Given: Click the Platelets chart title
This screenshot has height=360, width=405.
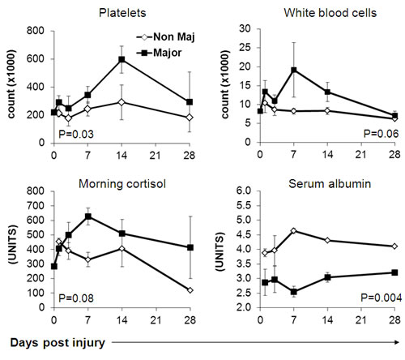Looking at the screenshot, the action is (122, 13).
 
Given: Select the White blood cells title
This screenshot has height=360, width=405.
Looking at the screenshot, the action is (330, 13).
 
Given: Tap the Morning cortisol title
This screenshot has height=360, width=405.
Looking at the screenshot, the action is (122, 184).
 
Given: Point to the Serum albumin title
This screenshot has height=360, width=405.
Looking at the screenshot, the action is (330, 184).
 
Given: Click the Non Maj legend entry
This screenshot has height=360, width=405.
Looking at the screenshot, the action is (165, 37).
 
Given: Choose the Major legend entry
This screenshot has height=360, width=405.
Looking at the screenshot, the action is (159, 53).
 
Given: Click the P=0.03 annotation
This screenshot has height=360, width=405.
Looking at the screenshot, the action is (76, 135).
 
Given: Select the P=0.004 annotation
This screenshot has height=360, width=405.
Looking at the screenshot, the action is (382, 298).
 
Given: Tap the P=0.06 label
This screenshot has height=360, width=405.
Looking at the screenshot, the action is (381, 134).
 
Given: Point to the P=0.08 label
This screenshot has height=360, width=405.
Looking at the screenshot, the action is (76, 298).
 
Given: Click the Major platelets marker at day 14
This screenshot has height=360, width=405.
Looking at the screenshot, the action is (122, 59).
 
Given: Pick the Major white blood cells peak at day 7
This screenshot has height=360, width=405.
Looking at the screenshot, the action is (294, 70).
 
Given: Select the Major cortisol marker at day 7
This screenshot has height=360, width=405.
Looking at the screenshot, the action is (88, 216).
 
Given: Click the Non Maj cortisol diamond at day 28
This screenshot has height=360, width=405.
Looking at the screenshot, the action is (190, 290).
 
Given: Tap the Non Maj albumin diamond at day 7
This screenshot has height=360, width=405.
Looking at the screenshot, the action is (294, 230).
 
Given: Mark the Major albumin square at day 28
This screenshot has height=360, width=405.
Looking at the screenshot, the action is (394, 272).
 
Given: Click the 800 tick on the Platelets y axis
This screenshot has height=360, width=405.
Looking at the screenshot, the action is (36, 31).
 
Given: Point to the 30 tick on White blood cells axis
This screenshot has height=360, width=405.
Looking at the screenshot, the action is (245, 28).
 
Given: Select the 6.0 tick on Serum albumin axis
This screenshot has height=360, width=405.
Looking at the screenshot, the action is (244, 191).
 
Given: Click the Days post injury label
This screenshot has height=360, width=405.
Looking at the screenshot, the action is (58, 343).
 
